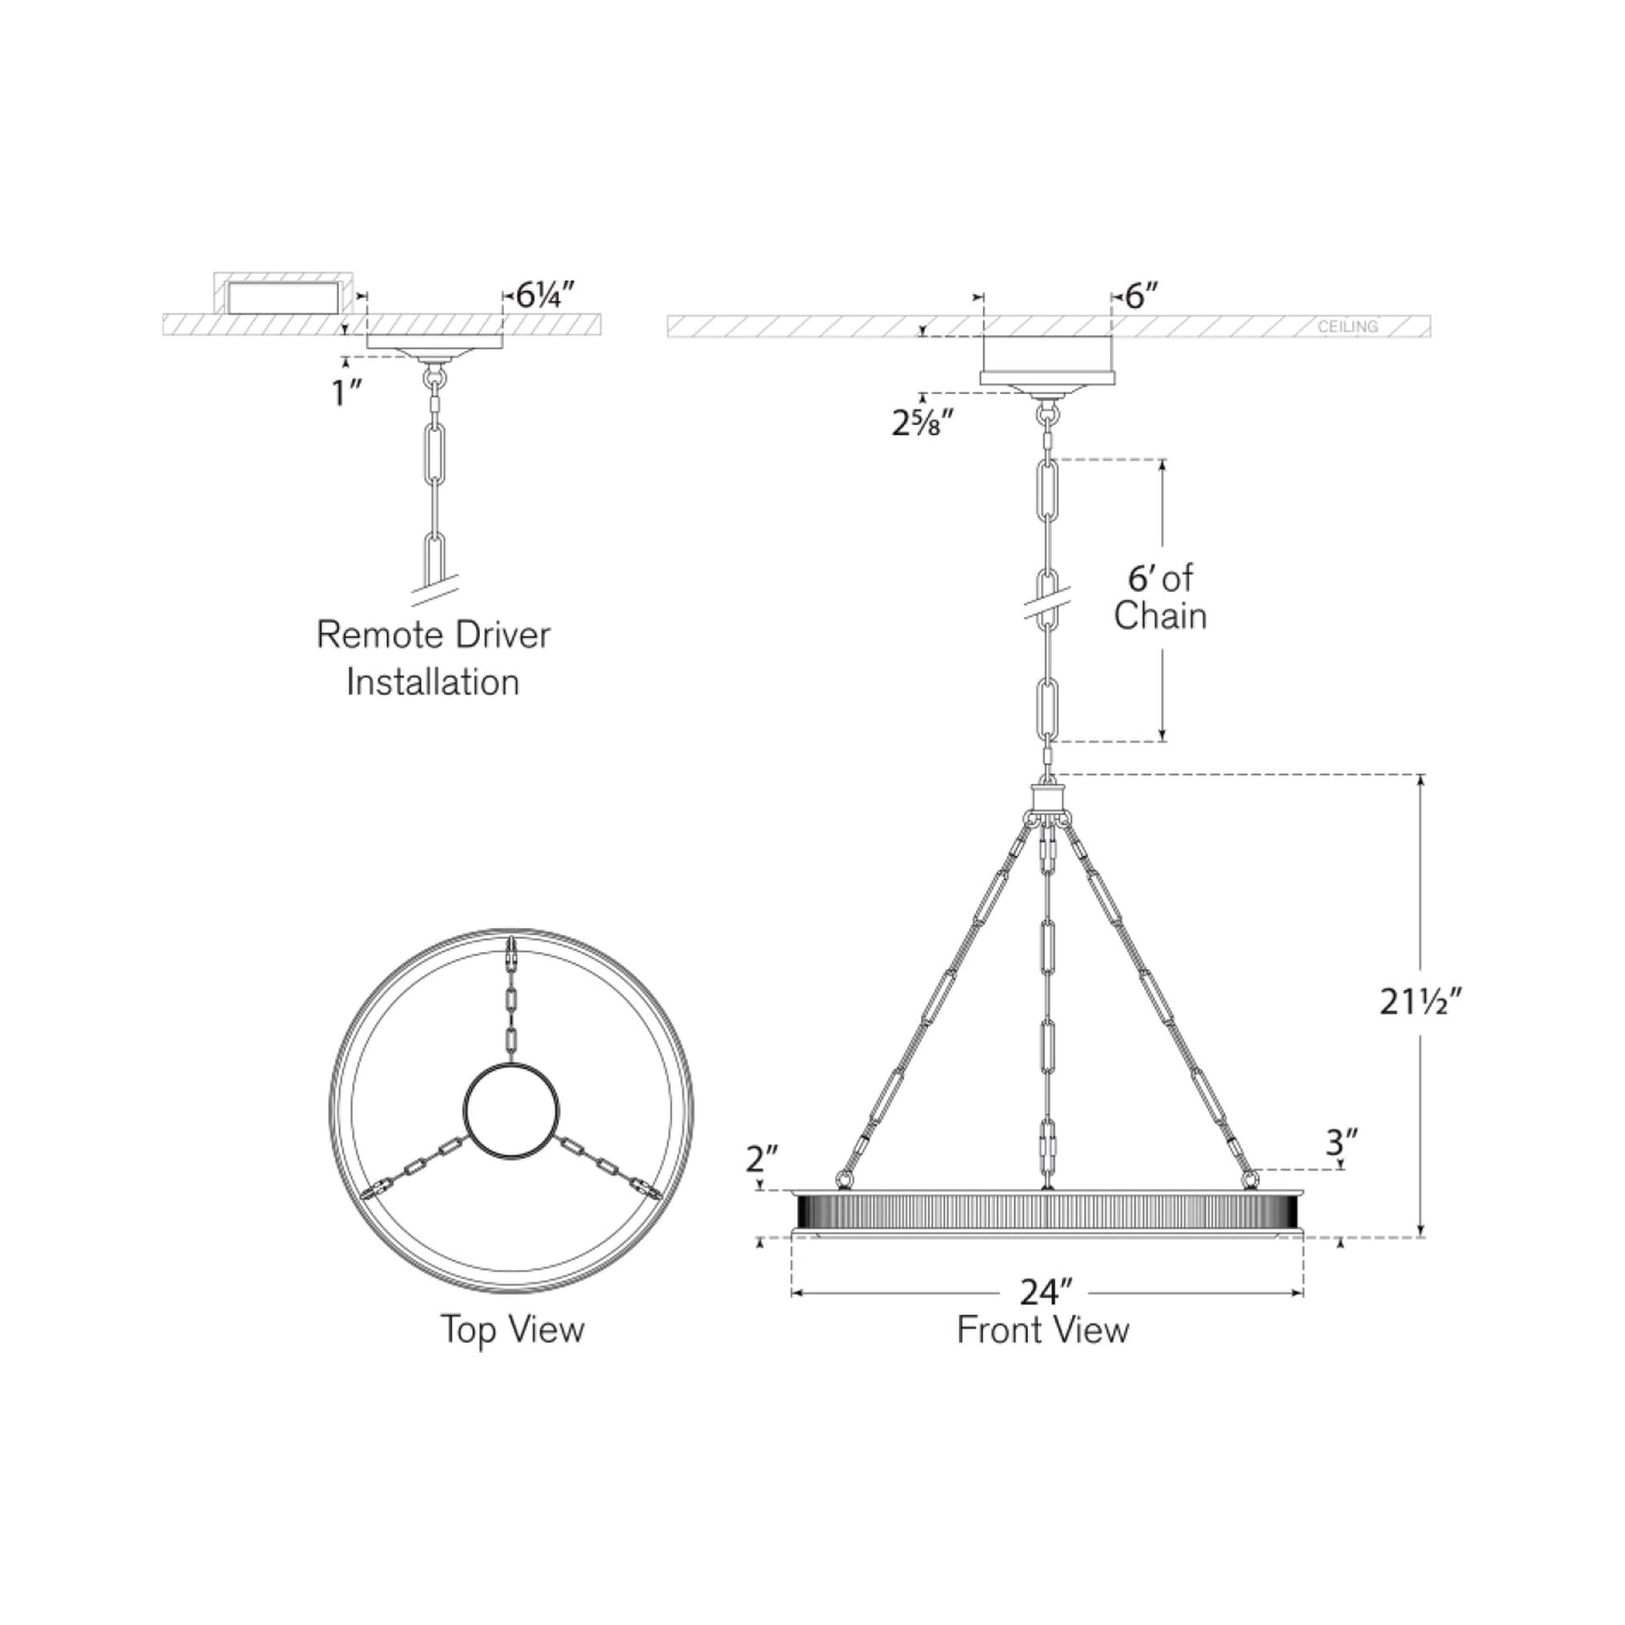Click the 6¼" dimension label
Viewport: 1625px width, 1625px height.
545,296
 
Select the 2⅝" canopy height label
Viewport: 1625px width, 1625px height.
923,423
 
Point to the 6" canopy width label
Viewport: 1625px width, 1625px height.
1142,296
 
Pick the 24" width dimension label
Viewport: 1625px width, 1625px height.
1047,1292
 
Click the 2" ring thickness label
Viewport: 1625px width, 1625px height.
763,1160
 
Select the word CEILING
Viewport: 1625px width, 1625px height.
1348,327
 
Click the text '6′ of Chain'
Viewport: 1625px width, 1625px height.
1160,597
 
